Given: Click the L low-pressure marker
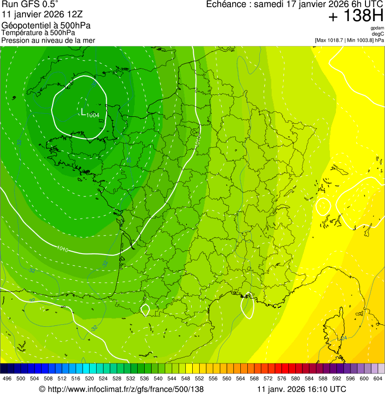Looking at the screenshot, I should pos(83,111).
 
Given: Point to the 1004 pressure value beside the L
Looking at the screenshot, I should pos(93,115).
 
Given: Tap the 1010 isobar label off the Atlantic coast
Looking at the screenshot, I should pos(63,249).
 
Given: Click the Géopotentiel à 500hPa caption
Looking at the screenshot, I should pos(47,26).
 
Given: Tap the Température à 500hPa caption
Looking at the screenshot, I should pos(39,33).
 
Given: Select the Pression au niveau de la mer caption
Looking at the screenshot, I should pos(48,40).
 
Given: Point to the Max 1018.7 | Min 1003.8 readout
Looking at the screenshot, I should pos(349,40).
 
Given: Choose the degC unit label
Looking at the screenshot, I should pos(378,34).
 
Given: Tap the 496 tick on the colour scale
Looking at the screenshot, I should pos(7,378).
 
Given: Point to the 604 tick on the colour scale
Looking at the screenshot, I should pos(377,378).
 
